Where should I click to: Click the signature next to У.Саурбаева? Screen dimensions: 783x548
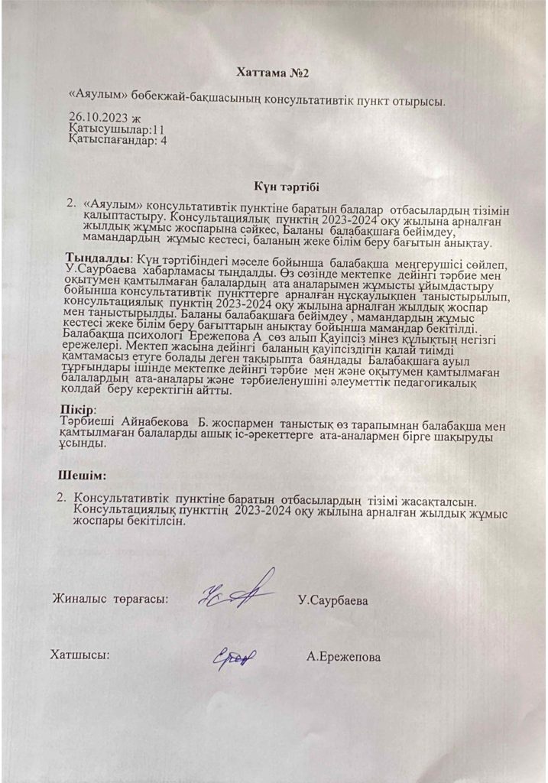coord(237,595)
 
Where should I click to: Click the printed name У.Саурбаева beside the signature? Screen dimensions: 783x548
coord(333,601)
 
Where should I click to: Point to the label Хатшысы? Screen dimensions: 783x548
coord(79,655)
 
